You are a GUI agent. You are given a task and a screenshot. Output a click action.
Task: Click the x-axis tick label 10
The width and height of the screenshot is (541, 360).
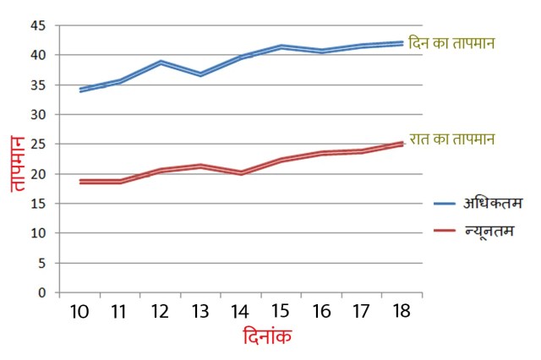pos(79,312)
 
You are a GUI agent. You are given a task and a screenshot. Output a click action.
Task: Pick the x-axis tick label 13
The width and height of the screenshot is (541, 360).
pos(199,312)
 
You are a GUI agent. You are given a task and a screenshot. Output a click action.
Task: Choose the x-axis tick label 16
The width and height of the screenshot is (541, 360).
pos(320,312)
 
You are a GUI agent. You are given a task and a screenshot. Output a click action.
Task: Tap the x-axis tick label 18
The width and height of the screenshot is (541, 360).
pos(401,312)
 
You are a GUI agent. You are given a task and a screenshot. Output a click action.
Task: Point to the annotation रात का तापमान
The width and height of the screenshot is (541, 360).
pos(452,139)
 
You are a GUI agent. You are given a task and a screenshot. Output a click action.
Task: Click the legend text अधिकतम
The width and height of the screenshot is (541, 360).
pos(494,203)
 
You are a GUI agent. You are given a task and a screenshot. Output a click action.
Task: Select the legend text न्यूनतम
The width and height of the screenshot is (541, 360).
pos(494,230)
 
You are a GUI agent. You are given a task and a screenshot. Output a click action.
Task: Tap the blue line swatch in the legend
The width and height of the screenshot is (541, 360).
pos(445,204)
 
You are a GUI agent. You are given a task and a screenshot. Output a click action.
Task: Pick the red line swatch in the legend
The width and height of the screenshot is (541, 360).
pos(445,231)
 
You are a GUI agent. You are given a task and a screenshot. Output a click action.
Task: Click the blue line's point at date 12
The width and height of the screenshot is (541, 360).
pos(160,63)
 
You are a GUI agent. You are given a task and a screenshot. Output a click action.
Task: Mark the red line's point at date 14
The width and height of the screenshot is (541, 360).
pos(240,172)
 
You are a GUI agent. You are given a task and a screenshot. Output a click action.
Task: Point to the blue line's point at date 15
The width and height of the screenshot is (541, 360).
pos(281,46)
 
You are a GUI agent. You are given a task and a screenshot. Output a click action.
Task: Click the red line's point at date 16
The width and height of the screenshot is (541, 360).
pos(320,153)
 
